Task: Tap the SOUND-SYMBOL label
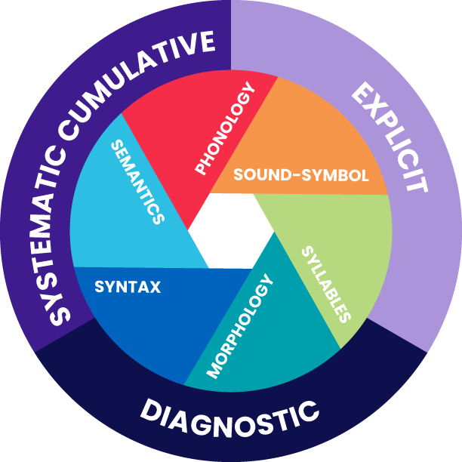pyautogui.click(x=300, y=175)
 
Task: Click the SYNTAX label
pyautogui.click(x=127, y=286)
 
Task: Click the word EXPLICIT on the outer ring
pyautogui.click(x=390, y=137)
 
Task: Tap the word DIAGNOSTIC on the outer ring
pyautogui.click(x=229, y=414)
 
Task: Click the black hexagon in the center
pyautogui.click(x=229, y=231)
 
